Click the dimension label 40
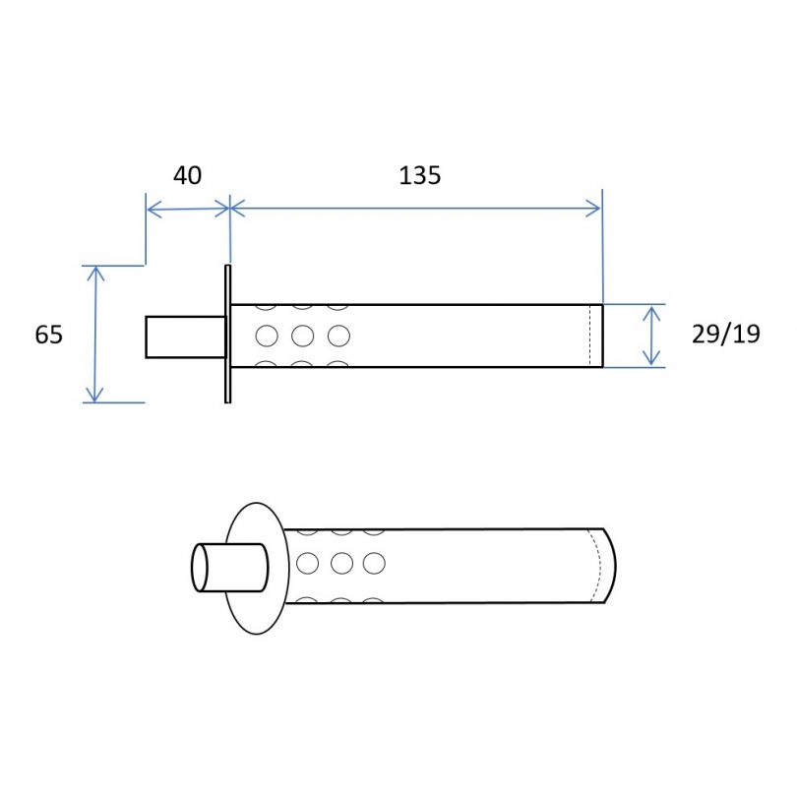tap(188, 175)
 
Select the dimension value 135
tap(420, 175)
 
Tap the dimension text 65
tap(49, 335)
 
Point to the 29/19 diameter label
tap(726, 334)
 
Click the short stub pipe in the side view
tap(186, 337)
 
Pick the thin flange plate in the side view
tap(227, 334)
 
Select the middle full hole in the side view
tap(302, 336)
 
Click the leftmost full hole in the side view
tap(267, 336)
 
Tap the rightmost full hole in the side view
tap(339, 336)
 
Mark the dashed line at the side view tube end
tap(590, 336)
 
